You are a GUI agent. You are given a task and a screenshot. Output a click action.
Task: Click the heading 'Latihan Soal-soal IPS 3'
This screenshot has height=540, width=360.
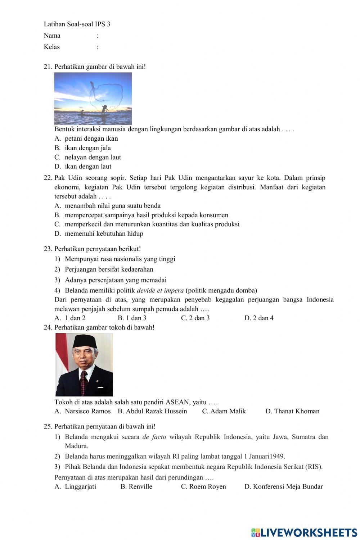pos(77,24)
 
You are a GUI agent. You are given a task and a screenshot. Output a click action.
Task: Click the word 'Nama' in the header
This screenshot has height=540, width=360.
pos(52,36)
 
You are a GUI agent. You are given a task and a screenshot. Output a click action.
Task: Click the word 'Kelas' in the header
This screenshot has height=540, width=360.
pos(51,47)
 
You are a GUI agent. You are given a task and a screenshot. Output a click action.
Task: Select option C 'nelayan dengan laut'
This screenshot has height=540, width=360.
pos(93,157)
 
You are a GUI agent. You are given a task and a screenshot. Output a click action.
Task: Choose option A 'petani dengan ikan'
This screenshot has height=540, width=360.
pos(91,139)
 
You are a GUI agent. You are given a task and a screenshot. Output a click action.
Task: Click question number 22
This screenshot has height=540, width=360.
pos(48,178)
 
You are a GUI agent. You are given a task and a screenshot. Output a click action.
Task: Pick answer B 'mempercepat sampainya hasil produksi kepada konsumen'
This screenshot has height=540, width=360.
pos(146,215)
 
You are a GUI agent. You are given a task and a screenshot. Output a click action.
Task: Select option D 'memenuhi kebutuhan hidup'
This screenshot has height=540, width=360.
pos(104,233)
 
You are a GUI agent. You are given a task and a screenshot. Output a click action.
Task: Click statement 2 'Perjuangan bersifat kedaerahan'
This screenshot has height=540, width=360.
pos(109,269)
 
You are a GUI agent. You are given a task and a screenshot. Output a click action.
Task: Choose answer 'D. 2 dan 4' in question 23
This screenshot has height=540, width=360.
pos(259,318)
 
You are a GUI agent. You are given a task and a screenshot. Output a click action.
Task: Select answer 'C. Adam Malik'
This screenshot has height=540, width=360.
pos(224,411)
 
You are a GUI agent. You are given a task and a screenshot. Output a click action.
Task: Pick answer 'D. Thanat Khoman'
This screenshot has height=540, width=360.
pos(292,411)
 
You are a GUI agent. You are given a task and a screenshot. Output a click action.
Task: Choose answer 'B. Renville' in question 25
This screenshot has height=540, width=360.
pos(136,487)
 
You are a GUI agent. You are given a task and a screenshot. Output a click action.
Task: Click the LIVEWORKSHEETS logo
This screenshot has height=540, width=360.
pos(304,532)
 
